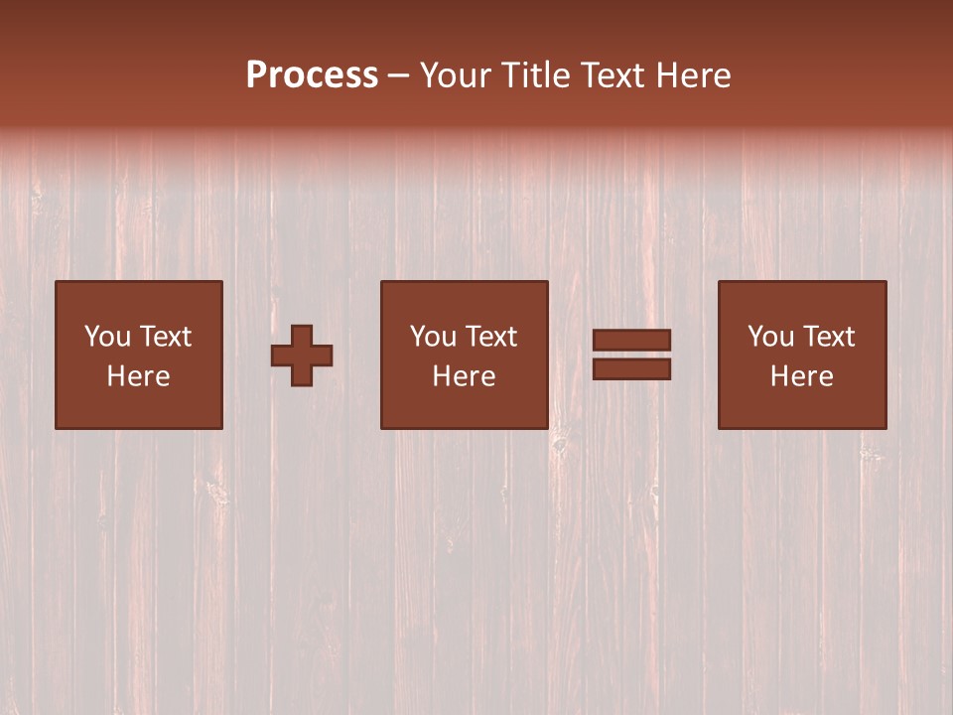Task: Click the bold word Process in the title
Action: [312, 75]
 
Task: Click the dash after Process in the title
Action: [398, 75]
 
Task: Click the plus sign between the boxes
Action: [302, 356]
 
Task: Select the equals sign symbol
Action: [631, 355]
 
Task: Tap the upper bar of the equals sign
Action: [631, 341]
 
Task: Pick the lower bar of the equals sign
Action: [631, 368]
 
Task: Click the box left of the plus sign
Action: [139, 355]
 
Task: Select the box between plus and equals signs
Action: [464, 355]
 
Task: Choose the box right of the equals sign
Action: [802, 355]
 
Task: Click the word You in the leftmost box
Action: [107, 337]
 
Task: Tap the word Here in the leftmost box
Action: [139, 376]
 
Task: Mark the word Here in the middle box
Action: [465, 376]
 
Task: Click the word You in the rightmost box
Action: [770, 337]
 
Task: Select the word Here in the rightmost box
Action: [802, 376]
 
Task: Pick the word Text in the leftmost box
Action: [166, 337]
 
